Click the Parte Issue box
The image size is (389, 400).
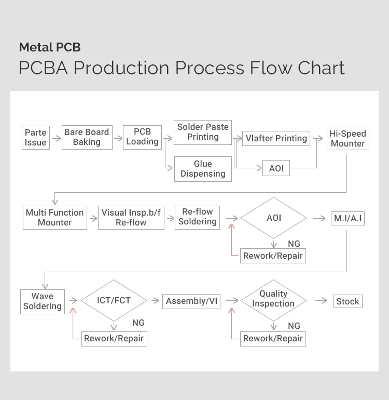(36, 138)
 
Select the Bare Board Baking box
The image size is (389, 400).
(87, 137)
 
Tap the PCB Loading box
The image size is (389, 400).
(142, 137)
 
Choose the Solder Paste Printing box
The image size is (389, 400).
(203, 132)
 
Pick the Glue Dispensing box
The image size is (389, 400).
(203, 169)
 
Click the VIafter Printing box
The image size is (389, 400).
(276, 138)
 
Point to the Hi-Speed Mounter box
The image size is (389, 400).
(348, 138)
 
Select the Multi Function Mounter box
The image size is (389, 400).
(54, 218)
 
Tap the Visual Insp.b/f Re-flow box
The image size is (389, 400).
(131, 218)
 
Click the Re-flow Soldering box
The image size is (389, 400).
(198, 217)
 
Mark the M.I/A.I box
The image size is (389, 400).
(348, 219)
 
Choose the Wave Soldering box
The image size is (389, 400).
(43, 301)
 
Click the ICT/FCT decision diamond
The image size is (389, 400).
(114, 300)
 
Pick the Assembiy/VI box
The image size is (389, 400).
(191, 301)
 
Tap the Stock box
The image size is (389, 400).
(348, 301)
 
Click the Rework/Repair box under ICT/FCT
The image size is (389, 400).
(114, 339)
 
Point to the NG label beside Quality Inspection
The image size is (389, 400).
(294, 326)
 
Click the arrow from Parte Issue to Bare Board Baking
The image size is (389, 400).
(55, 139)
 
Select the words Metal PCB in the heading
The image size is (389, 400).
(50, 47)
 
